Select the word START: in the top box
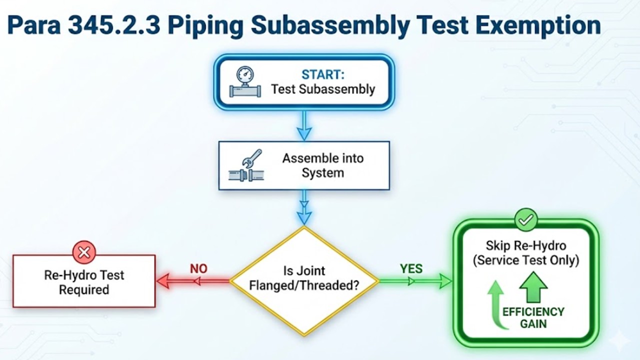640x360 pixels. coord(323,74)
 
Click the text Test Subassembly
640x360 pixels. coord(323,89)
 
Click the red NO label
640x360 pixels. coord(198,268)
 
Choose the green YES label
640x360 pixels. coord(411,268)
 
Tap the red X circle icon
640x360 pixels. coord(84,252)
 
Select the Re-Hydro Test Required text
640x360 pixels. coord(84,282)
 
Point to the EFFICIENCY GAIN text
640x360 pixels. coord(533,317)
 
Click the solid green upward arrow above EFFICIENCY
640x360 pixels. coord(533,287)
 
